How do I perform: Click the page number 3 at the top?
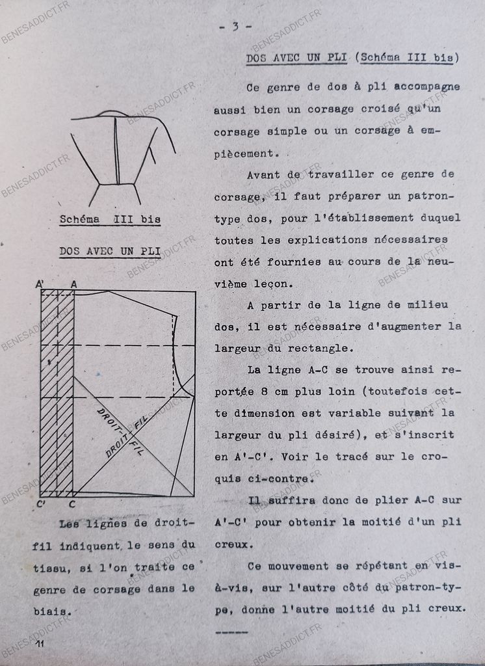[235, 27]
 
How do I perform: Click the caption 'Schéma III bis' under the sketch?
[110, 219]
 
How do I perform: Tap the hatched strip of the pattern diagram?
[57, 390]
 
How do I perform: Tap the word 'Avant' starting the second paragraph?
[263, 174]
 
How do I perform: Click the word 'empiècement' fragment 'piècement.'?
[244, 153]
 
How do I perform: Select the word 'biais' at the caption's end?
[52, 611]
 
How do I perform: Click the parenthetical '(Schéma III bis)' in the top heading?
[408, 58]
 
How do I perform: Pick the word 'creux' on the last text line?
[448, 609]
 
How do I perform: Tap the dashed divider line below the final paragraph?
[231, 632]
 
